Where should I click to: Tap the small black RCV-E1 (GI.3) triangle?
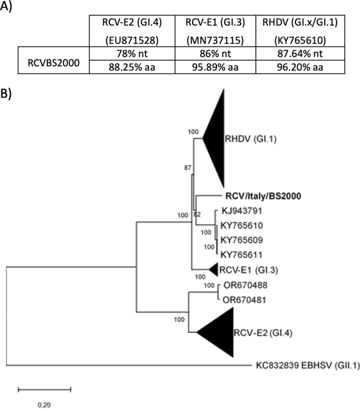[214, 270]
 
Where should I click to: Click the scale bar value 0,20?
[44, 404]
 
